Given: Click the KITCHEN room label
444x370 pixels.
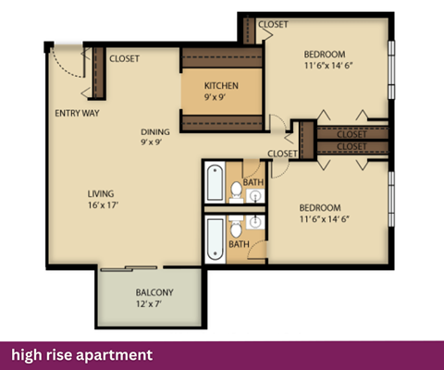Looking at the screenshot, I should [x=222, y=85].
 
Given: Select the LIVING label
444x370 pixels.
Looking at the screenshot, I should [x=102, y=193].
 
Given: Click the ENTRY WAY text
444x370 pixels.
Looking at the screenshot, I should [x=78, y=114].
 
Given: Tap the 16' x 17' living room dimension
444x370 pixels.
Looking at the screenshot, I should [x=102, y=204].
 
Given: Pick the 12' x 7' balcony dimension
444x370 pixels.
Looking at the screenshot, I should [x=148, y=304].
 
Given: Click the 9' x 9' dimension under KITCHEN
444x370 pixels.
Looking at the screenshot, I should [x=222, y=96].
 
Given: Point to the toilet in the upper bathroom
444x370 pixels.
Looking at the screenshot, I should [x=237, y=191].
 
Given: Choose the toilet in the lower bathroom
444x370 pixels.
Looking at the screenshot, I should [x=237, y=228].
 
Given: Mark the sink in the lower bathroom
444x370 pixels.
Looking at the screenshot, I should [x=253, y=223].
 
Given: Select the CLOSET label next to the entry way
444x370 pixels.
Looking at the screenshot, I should [x=125, y=58].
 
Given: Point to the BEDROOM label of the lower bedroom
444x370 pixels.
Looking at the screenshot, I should [x=320, y=207].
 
